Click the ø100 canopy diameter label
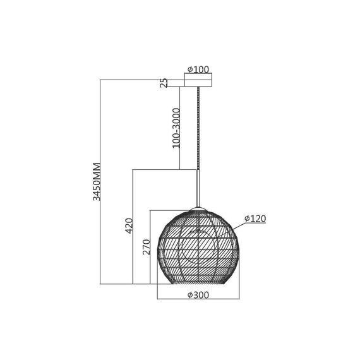[x=198, y=69]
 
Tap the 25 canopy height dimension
[x=164, y=83]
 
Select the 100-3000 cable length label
[x=176, y=128]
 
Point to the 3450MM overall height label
[x=97, y=182]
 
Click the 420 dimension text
[x=129, y=226]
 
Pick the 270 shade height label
[x=147, y=247]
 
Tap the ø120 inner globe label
[x=255, y=219]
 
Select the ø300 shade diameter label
[x=198, y=295]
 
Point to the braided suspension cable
[x=198, y=128]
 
